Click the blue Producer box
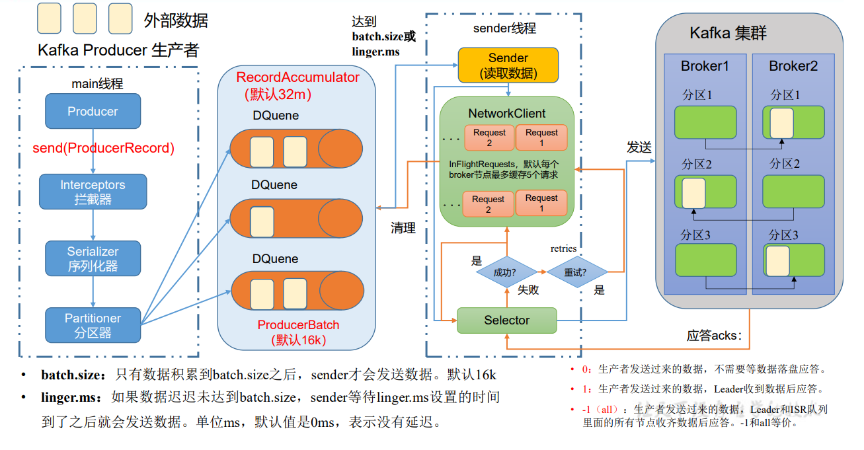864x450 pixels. coord(93,111)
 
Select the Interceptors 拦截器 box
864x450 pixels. coord(93,192)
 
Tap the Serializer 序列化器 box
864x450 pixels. coord(93,258)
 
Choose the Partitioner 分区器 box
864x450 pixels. coord(93,325)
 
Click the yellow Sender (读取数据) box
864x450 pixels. coord(508,65)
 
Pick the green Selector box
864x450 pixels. coord(506,320)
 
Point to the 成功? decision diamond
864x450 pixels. coord(506,272)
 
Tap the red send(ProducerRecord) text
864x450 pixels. coord(104,148)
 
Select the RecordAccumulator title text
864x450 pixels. coord(297,77)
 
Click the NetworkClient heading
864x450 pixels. coord(507,114)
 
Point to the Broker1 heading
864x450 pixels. coord(705,66)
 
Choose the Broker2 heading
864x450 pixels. coord(793,66)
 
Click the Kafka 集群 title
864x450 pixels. coord(728,34)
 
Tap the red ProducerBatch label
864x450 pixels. coord(298,324)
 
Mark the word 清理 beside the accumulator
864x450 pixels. coord(403,228)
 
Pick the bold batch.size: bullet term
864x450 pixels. coord(73,375)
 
